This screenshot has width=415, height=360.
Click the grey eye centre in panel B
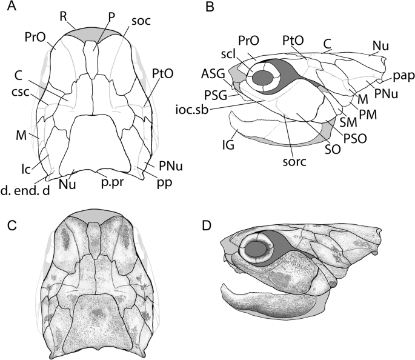point(264,78)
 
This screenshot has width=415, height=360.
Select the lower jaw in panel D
point(267,303)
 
